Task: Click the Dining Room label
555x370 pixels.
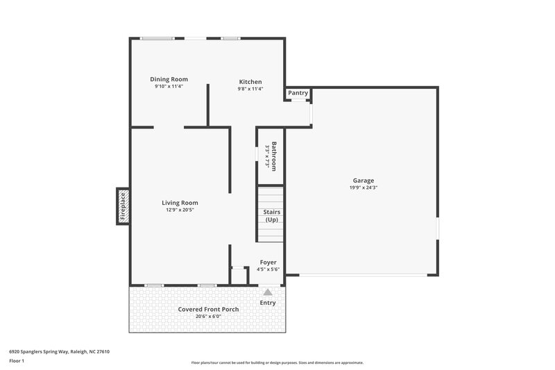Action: coord(169,79)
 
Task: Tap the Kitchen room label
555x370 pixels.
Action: coord(250,81)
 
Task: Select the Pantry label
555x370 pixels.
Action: coord(298,93)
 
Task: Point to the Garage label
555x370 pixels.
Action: coord(363,180)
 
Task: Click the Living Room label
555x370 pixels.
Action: coord(180,203)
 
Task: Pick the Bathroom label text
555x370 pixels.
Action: coord(274,156)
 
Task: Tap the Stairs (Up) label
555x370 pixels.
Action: coord(271,215)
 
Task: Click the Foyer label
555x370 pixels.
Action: coord(268,262)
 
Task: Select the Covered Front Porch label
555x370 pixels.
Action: coord(209,309)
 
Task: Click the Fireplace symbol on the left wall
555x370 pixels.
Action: coord(123,206)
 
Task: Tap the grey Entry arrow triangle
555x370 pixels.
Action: coord(268,292)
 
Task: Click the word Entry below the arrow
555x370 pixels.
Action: coord(268,303)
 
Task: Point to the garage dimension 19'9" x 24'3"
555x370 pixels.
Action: coord(363,187)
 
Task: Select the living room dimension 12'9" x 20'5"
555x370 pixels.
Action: coord(180,210)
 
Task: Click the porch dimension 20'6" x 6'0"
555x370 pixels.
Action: coord(209,317)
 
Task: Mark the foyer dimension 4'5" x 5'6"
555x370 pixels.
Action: coord(268,269)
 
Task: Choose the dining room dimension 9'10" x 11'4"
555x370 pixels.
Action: coord(169,87)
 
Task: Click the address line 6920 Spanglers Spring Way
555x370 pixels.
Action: coord(59,351)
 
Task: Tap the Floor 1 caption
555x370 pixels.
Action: coord(17,361)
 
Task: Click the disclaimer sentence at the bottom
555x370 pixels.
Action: coord(277,362)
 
